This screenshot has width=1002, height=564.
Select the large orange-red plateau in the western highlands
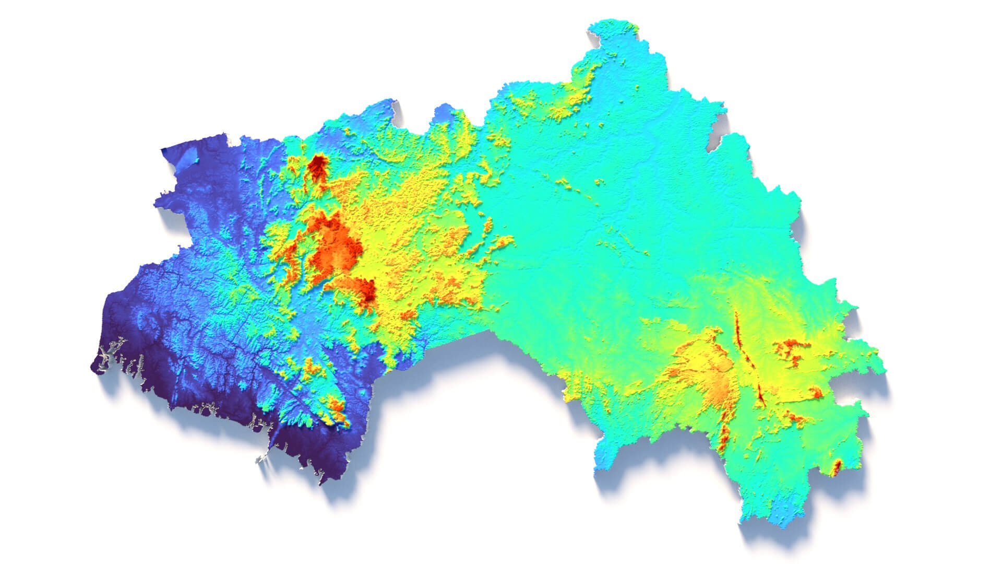[334, 245]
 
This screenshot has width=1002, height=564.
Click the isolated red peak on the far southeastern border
[836, 466]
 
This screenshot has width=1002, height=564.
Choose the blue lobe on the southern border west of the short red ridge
[611, 454]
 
